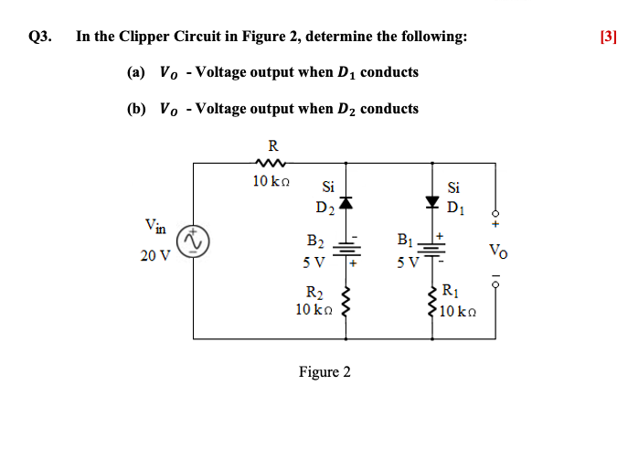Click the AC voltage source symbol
(x=194, y=241)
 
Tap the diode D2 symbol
(x=346, y=203)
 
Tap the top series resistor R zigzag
(x=272, y=163)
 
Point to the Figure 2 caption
(x=325, y=371)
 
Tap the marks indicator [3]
(x=608, y=37)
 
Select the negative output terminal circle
(x=495, y=284)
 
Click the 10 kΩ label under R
(x=271, y=181)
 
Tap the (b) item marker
(x=136, y=108)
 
